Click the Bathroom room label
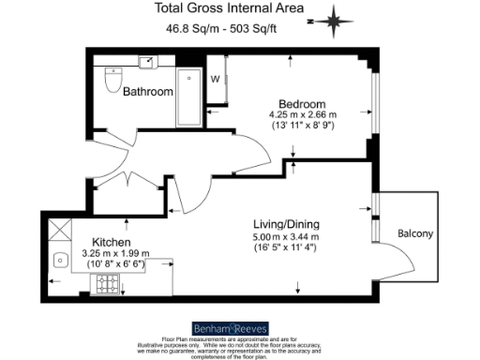pos(148,92)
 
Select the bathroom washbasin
pos(147,63)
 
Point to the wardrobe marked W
pos(215,79)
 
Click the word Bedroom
pos(301,103)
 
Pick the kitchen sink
pos(60,260)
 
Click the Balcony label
pos(415,233)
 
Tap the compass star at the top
pos(337,17)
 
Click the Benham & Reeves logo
pos(231,328)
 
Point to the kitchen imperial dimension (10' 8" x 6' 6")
pos(114,265)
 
